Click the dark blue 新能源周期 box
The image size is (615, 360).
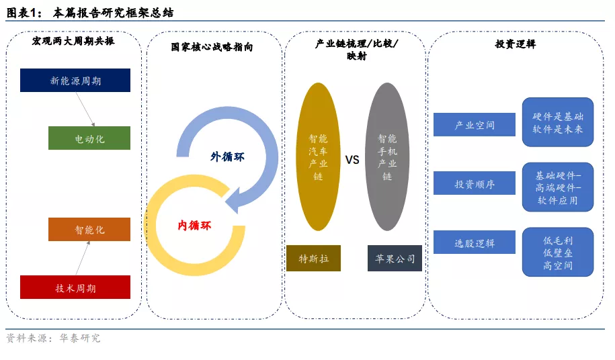(x=75, y=81)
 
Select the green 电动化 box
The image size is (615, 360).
(x=89, y=138)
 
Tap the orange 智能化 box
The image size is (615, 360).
(x=89, y=229)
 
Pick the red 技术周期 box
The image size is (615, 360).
(x=75, y=287)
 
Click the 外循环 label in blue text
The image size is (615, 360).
(x=227, y=156)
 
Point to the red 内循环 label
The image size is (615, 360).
(x=194, y=225)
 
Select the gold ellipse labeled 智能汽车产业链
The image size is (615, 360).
(x=318, y=156)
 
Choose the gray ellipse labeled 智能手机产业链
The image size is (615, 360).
(x=388, y=156)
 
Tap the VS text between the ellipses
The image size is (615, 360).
(x=352, y=160)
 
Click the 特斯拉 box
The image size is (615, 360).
(x=313, y=258)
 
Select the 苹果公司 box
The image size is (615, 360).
(x=395, y=258)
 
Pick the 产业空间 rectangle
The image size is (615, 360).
(x=475, y=124)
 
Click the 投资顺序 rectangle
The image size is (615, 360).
(x=475, y=183)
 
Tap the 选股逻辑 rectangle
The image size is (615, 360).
(x=475, y=242)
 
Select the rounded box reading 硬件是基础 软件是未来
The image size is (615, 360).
(x=558, y=122)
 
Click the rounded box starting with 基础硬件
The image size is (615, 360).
(x=558, y=187)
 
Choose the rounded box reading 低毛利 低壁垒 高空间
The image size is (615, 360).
(x=558, y=253)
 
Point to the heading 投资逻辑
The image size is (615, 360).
(x=516, y=44)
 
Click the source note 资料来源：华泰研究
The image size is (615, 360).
(x=53, y=338)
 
